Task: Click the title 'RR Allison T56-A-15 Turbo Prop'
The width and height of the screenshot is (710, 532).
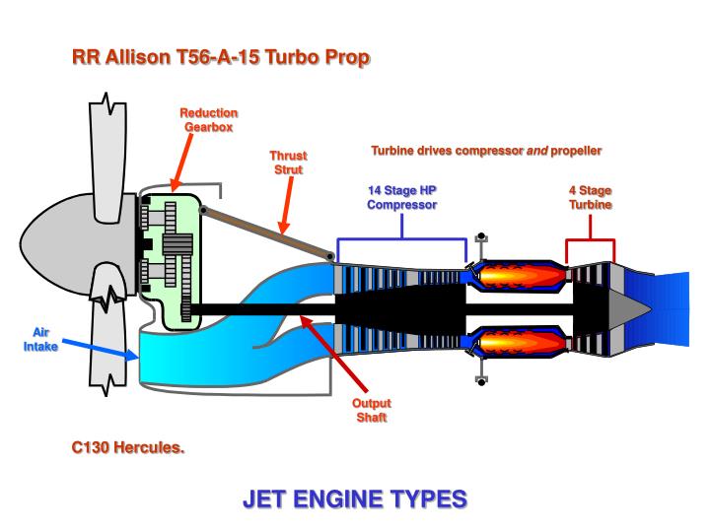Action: tap(221, 57)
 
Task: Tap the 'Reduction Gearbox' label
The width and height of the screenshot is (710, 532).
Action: tap(208, 120)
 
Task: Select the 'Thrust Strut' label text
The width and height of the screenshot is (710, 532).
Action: tap(289, 163)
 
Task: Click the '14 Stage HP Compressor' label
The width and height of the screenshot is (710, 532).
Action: tap(401, 197)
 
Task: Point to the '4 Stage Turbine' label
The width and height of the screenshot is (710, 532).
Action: tap(590, 197)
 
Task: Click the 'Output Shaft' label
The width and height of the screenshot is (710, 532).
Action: tap(372, 411)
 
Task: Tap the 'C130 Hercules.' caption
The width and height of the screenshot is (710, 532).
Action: tap(128, 446)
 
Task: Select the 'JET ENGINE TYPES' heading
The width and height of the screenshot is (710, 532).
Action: tap(354, 499)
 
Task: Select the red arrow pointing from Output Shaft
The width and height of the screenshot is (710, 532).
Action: tap(335, 355)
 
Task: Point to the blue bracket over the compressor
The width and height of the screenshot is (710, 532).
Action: tap(401, 238)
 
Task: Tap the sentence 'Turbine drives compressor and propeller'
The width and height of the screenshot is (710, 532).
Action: tap(485, 151)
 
